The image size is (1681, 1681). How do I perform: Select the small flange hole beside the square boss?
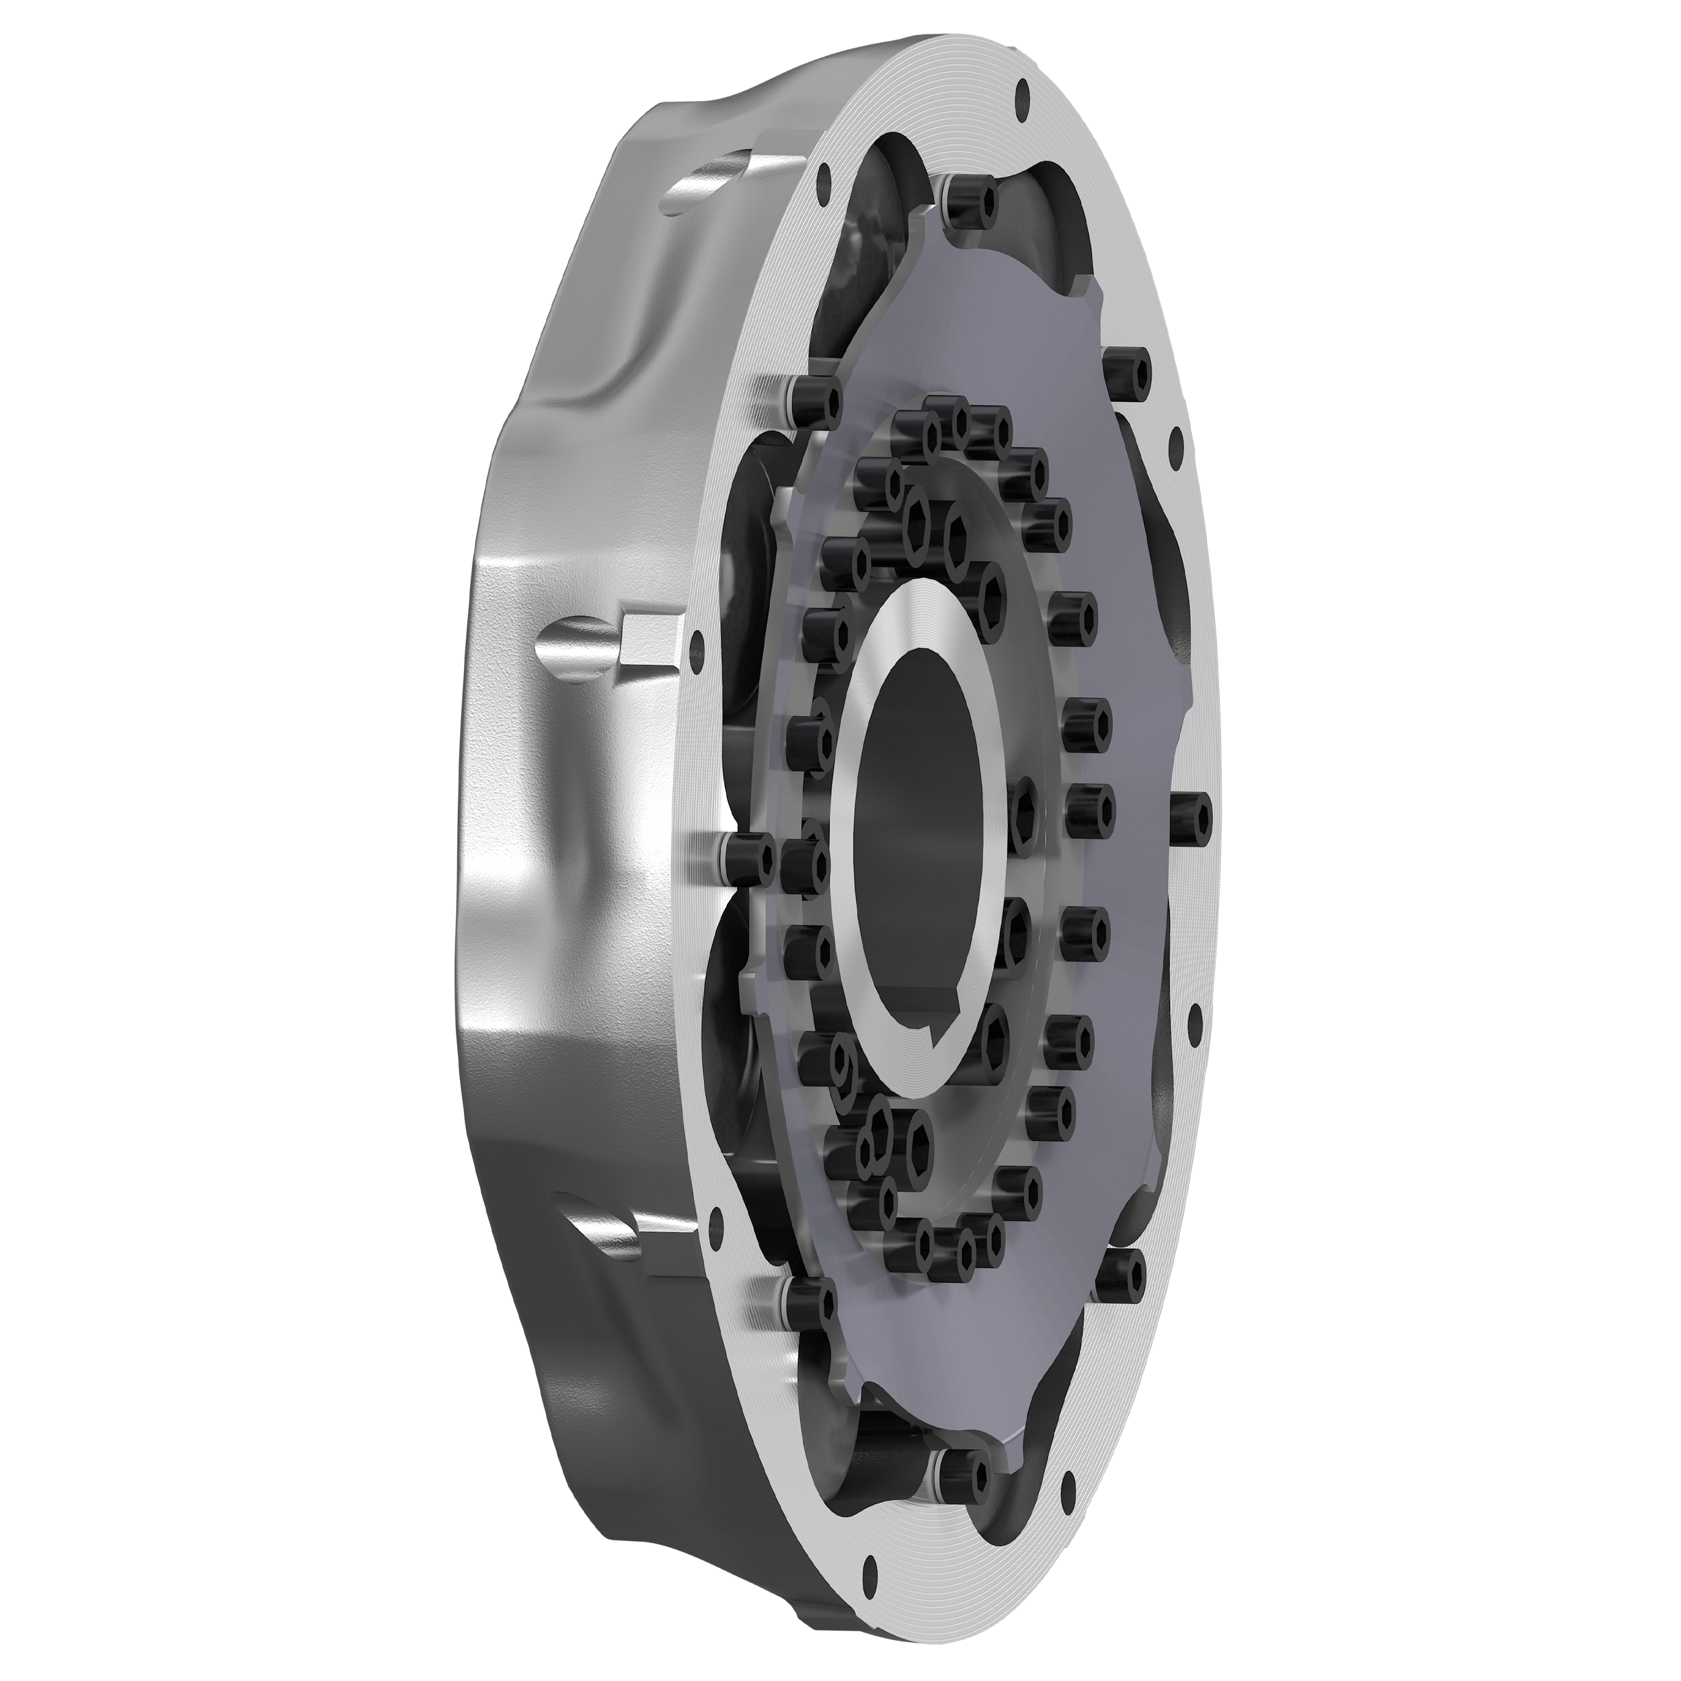click(x=695, y=644)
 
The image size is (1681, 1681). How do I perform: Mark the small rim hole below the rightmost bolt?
click(x=1194, y=1015)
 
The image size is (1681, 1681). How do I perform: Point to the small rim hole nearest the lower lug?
click(x=715, y=1228)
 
